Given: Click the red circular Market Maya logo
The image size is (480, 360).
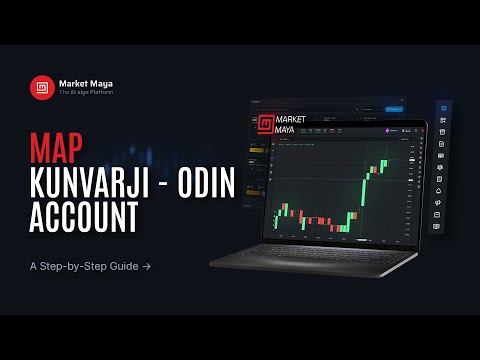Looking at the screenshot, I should (42, 88).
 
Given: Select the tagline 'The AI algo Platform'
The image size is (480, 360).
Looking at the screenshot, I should (86, 94).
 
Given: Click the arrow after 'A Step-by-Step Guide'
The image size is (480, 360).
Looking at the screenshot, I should (146, 267).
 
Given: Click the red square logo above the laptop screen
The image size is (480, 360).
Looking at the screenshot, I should (265, 124).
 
